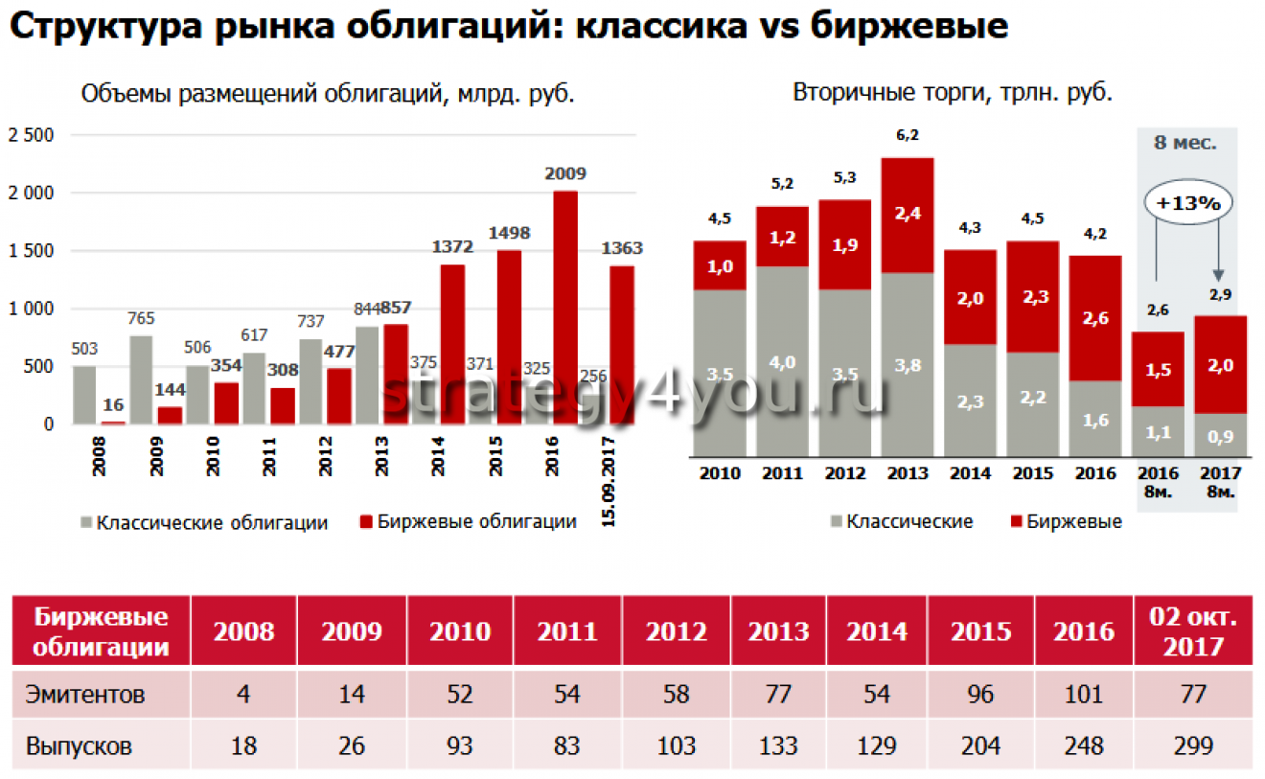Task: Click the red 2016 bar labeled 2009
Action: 565,307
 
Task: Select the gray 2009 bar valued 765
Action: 141,379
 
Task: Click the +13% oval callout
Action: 1186,203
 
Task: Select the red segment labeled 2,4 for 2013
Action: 908,216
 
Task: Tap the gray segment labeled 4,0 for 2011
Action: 782,361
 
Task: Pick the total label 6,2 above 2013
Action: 908,135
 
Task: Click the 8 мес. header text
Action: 1185,144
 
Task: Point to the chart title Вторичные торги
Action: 952,93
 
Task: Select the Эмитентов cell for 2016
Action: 1083,694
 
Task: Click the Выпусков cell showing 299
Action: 1192,745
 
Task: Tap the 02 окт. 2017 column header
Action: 1192,631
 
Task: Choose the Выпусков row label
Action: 80,745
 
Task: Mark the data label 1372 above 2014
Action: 452,247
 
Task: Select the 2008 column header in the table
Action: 243,631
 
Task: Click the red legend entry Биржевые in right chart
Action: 1073,522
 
